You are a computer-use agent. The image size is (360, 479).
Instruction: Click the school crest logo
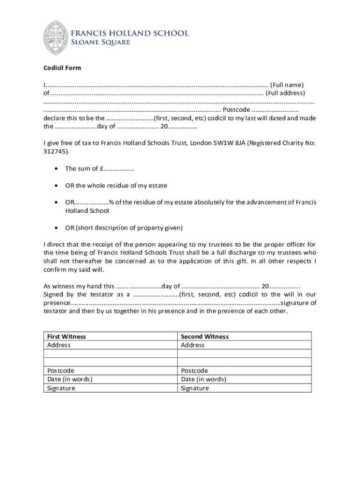click(56, 38)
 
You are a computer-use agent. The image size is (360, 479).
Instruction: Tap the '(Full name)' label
click(287, 85)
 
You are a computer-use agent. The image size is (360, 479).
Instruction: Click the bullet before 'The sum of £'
click(56, 168)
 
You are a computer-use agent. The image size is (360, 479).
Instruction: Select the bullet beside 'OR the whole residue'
click(56, 186)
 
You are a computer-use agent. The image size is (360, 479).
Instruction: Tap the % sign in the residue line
click(111, 203)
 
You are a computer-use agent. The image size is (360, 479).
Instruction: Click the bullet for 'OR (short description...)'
click(56, 228)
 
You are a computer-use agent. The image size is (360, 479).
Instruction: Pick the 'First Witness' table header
click(66, 336)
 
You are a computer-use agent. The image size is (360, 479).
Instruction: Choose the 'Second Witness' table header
click(205, 336)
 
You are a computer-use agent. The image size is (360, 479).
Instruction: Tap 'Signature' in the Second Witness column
click(195, 388)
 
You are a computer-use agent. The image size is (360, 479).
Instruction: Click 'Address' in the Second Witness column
click(193, 345)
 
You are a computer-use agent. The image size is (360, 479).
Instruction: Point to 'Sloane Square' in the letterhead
click(100, 43)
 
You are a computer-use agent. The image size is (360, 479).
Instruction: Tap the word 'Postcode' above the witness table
click(236, 109)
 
